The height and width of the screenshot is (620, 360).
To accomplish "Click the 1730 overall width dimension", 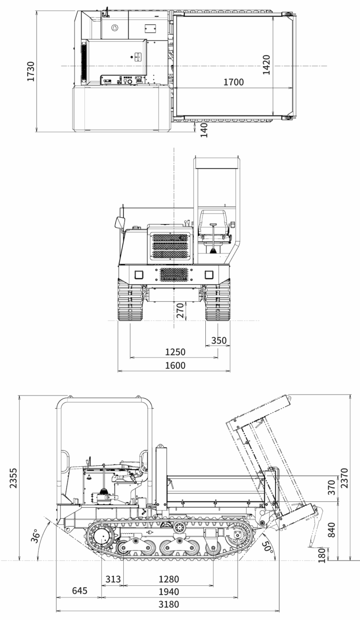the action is point(31,71).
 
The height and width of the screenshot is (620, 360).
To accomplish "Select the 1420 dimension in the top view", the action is point(266,65).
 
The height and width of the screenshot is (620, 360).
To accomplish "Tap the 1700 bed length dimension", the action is point(233,82).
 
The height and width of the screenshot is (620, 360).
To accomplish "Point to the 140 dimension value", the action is point(204,130).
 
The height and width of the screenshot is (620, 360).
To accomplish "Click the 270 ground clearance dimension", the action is point(180,311).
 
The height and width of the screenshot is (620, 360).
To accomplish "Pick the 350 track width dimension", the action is point(219,340).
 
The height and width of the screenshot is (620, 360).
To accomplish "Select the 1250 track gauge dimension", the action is point(175,352).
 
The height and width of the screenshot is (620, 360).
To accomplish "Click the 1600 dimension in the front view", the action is point(175,366).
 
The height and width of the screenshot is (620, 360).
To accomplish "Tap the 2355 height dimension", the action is point(13,478).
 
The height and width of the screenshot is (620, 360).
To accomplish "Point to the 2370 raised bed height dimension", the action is point(344,478).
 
